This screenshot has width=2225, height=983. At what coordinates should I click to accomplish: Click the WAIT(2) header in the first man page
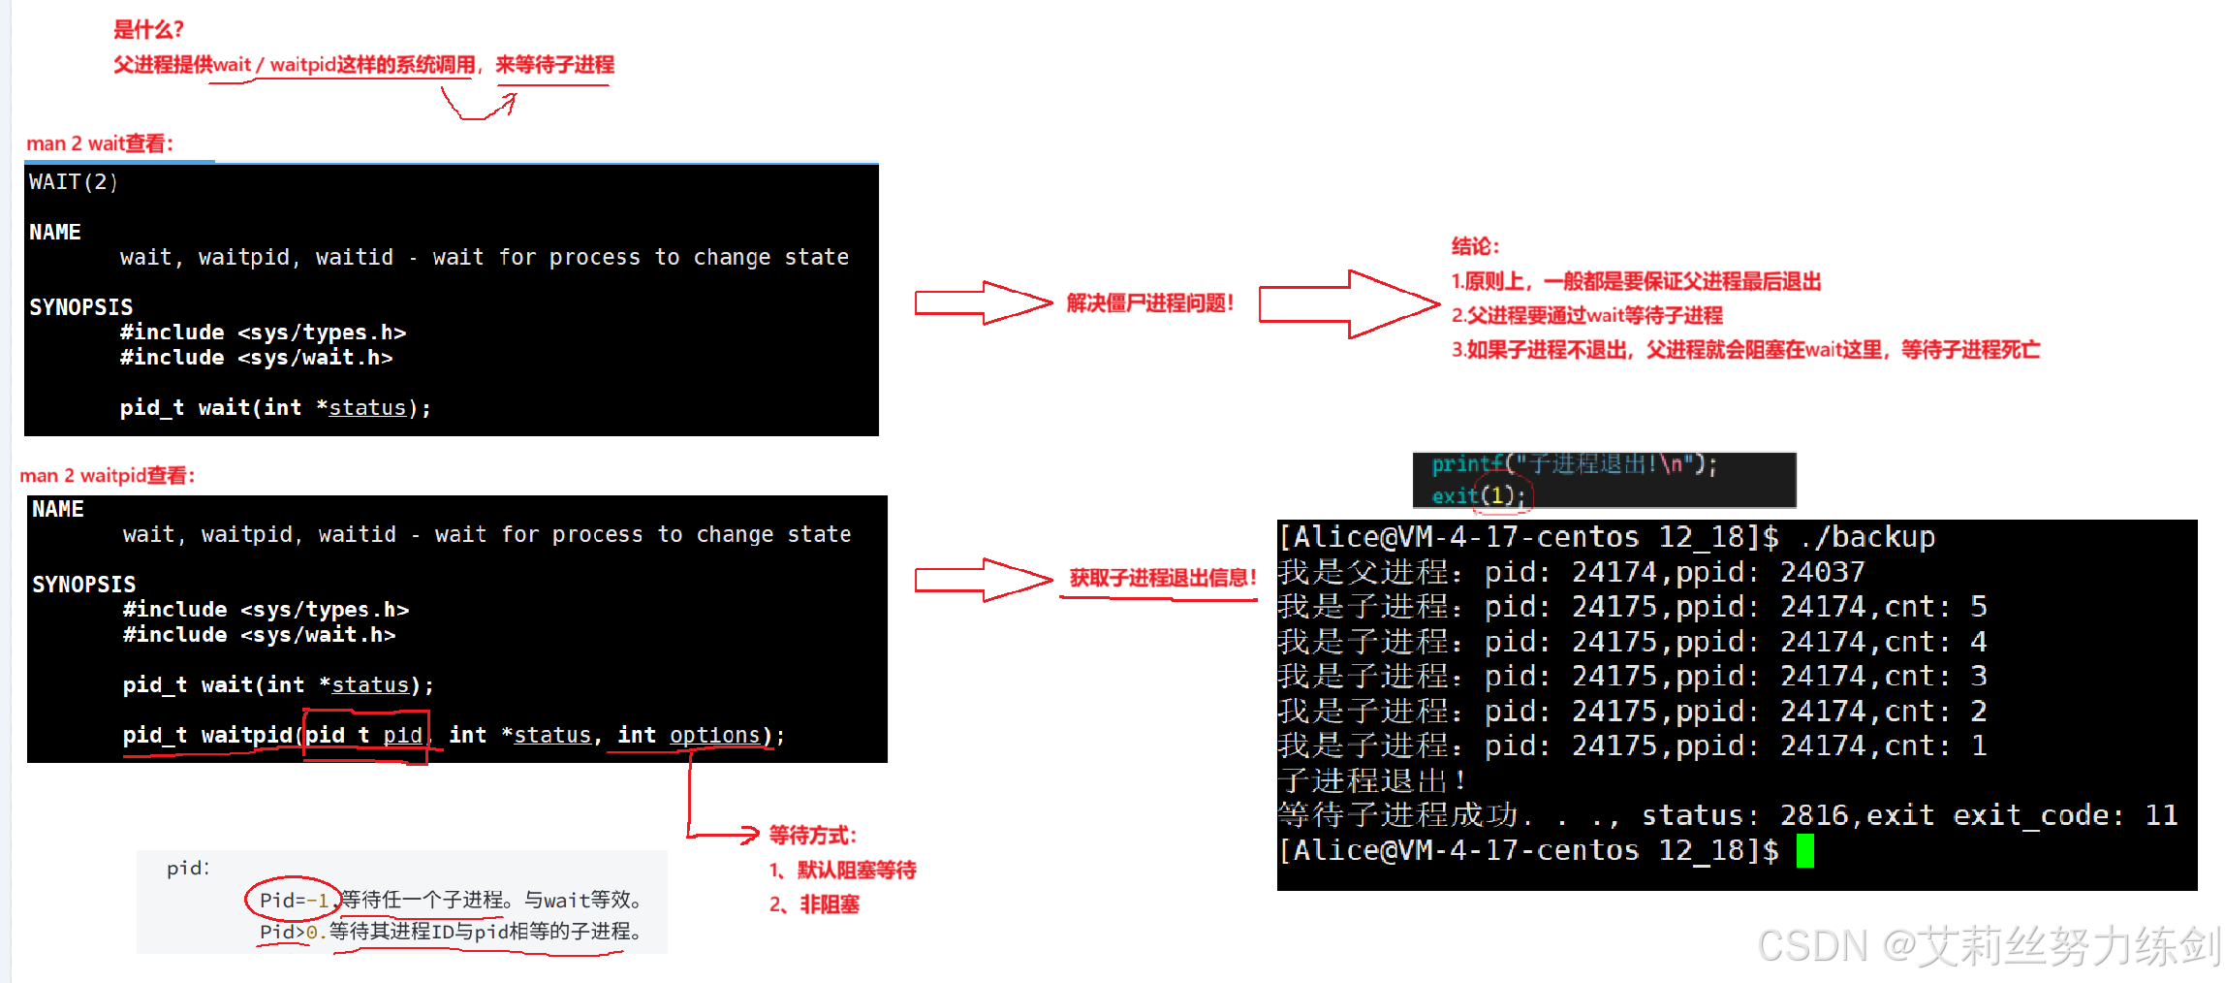click(x=74, y=182)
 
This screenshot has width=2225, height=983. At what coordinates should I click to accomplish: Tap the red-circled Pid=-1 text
click(x=294, y=901)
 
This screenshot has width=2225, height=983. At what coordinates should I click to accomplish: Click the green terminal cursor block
click(x=1804, y=851)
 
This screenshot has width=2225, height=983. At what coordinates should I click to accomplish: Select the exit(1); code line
click(x=1478, y=495)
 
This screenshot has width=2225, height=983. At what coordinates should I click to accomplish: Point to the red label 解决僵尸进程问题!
click(x=1149, y=303)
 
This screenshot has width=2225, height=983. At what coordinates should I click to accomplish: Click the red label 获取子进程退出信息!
click(x=1162, y=579)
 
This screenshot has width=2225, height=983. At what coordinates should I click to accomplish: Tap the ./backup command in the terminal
click(x=1867, y=537)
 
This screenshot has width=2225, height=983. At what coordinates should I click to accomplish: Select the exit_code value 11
click(x=2161, y=815)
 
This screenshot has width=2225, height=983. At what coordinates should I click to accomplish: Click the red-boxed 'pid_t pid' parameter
click(x=364, y=736)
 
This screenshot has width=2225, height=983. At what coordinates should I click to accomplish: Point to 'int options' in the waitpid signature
click(x=689, y=736)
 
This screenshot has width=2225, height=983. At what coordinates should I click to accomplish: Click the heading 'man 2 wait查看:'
click(x=100, y=144)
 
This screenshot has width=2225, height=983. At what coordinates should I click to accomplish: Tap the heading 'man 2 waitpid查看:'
click(x=108, y=476)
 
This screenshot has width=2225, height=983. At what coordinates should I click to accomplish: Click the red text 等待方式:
click(x=812, y=836)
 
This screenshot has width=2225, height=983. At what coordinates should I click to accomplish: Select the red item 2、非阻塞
click(x=814, y=905)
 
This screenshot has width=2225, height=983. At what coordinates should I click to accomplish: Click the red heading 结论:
click(x=1475, y=247)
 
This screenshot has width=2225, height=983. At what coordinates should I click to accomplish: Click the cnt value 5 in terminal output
click(x=1978, y=607)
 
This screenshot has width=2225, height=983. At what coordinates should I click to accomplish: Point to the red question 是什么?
click(x=148, y=30)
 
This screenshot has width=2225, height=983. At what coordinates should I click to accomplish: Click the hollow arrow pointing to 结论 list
click(x=1349, y=304)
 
